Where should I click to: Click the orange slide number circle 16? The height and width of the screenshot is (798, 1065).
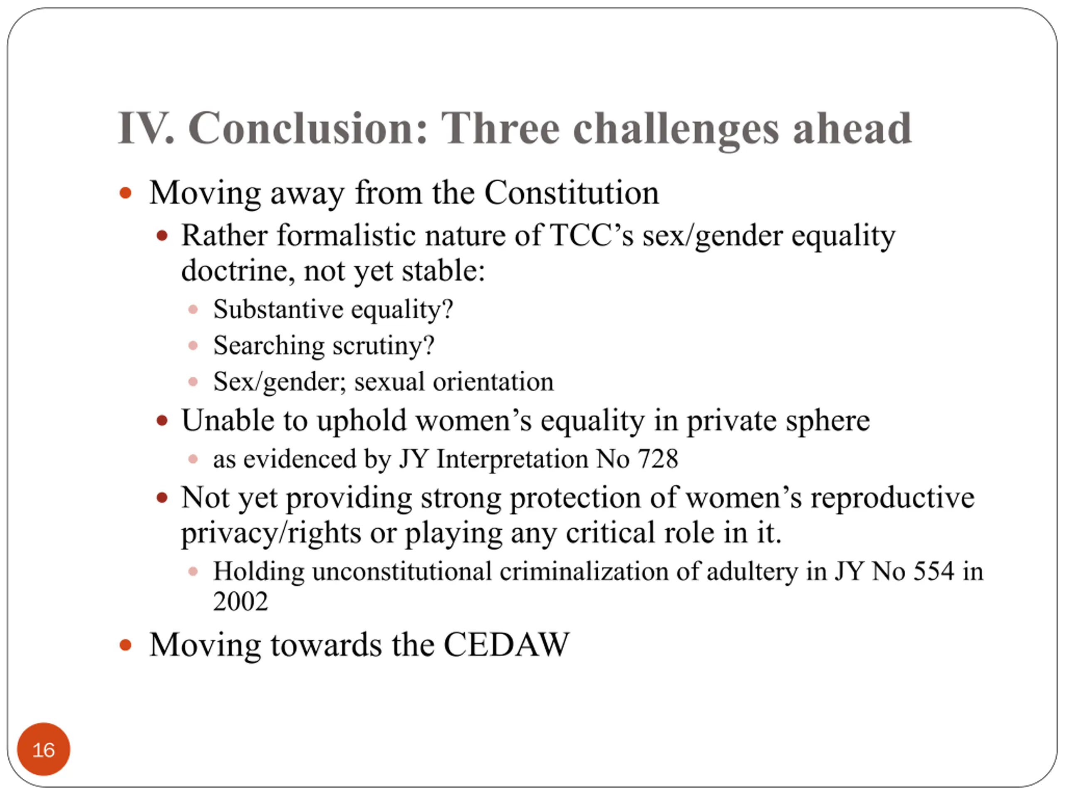(x=43, y=749)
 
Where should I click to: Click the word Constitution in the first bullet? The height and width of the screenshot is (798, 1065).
(x=572, y=192)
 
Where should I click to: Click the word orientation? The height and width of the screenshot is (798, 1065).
(x=493, y=382)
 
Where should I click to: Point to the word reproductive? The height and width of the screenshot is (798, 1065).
(x=893, y=498)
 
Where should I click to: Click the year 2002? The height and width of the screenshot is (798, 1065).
(x=241, y=602)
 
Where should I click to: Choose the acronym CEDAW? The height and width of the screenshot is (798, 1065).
(x=507, y=645)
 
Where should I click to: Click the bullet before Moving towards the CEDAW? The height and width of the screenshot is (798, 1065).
(x=125, y=645)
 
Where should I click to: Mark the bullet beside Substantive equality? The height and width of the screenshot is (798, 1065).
(x=193, y=309)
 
